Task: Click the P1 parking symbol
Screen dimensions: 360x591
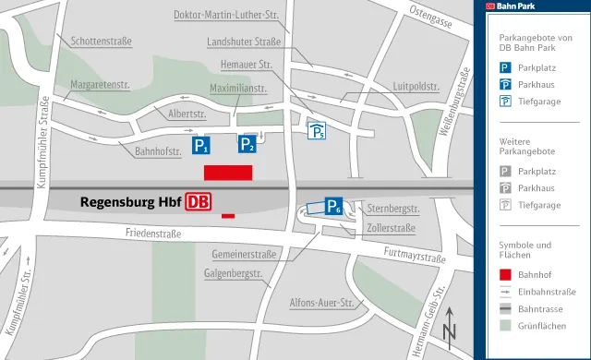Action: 201,146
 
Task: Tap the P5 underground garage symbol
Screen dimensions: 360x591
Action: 317,131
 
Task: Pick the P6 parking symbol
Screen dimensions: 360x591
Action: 334,208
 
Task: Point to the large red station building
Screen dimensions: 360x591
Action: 228,173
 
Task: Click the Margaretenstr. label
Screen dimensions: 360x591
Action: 100,84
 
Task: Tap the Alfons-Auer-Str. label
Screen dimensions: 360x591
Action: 321,303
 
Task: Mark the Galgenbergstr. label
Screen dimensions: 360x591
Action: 234,273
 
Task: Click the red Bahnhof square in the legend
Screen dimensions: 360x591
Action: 505,274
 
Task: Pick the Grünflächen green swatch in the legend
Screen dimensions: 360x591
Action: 505,325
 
